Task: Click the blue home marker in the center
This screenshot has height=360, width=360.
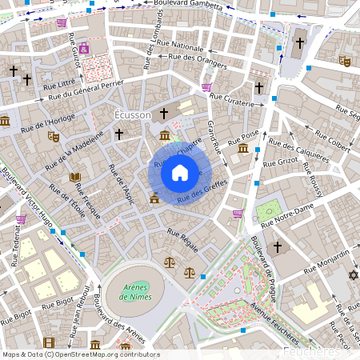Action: point(179,173)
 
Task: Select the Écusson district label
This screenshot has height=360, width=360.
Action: point(133,115)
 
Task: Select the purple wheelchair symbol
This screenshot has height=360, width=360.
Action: point(84,48)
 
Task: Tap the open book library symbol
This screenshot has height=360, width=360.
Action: point(75,177)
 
